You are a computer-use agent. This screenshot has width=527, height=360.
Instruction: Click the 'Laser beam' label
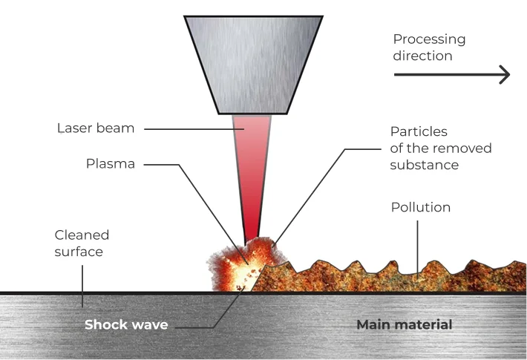click(x=96, y=128)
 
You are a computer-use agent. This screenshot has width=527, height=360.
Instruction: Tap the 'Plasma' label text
click(x=111, y=164)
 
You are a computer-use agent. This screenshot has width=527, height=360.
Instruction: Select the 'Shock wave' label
click(x=126, y=325)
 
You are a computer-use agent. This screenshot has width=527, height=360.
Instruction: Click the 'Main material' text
click(x=404, y=325)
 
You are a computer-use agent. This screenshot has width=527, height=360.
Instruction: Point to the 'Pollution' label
click(x=421, y=207)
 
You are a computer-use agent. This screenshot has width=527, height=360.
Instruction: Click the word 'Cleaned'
click(x=82, y=235)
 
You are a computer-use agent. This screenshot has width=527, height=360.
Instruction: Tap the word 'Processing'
click(x=429, y=39)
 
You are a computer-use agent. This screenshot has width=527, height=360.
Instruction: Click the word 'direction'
click(x=422, y=56)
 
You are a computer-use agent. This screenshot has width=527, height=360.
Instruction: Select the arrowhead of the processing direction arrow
click(x=504, y=74)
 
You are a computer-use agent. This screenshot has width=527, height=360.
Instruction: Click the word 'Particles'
click(x=419, y=131)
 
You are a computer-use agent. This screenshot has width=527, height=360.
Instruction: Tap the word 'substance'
click(x=424, y=164)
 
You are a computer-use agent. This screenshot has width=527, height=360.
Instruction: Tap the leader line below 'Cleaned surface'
click(x=82, y=282)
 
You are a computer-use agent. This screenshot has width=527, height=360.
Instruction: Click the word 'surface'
click(x=79, y=252)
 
